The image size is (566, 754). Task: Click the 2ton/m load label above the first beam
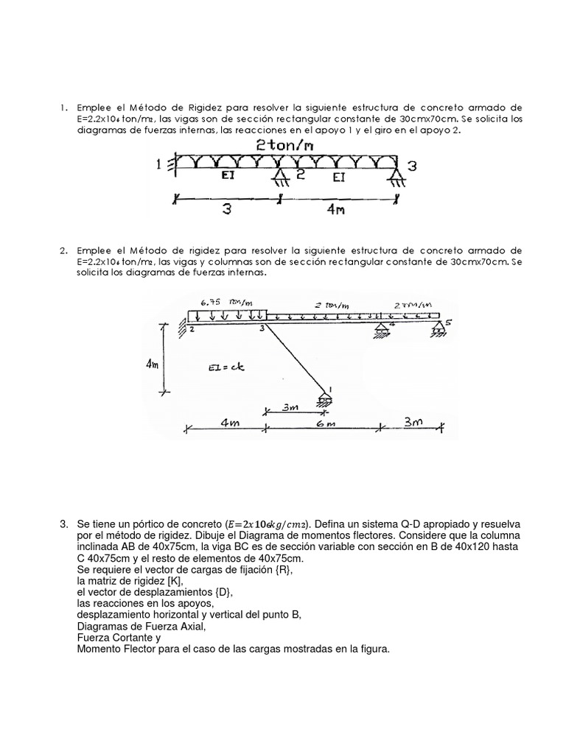285,146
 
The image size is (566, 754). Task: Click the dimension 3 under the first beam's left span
227,209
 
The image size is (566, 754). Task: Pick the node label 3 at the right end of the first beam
412,166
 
